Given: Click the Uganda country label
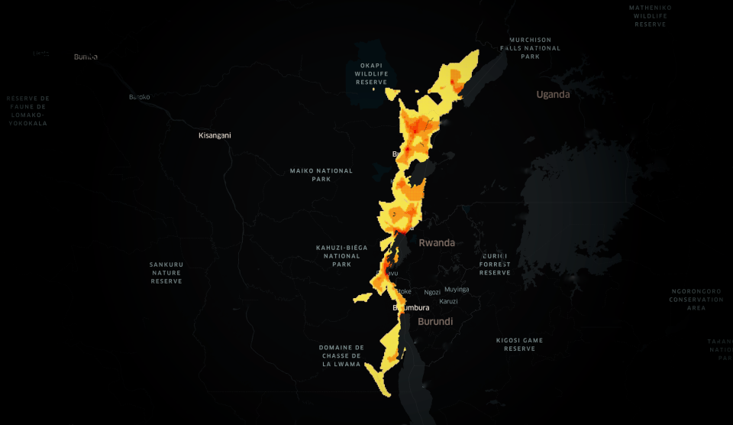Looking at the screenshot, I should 553,95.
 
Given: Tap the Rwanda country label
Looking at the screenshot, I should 437,243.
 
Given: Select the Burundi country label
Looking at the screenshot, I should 435,322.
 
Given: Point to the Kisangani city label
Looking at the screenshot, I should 215,135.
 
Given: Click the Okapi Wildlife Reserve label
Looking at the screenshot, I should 372,73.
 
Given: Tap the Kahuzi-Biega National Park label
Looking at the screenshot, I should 341,255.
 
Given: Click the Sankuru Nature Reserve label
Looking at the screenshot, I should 166,273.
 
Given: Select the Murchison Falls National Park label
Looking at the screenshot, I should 531,47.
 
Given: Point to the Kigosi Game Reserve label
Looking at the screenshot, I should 519,344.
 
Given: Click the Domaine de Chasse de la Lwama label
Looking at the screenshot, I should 342,355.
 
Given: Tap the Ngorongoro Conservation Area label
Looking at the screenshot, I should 696,300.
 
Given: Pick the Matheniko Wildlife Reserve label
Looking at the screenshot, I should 650,15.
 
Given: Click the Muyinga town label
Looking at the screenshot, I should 457,290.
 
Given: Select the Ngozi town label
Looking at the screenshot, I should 432,292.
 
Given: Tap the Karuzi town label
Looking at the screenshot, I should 448,301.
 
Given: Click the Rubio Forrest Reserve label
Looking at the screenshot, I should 495,264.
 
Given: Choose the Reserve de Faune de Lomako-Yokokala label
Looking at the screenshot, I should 27,111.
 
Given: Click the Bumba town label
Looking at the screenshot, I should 86,57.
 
